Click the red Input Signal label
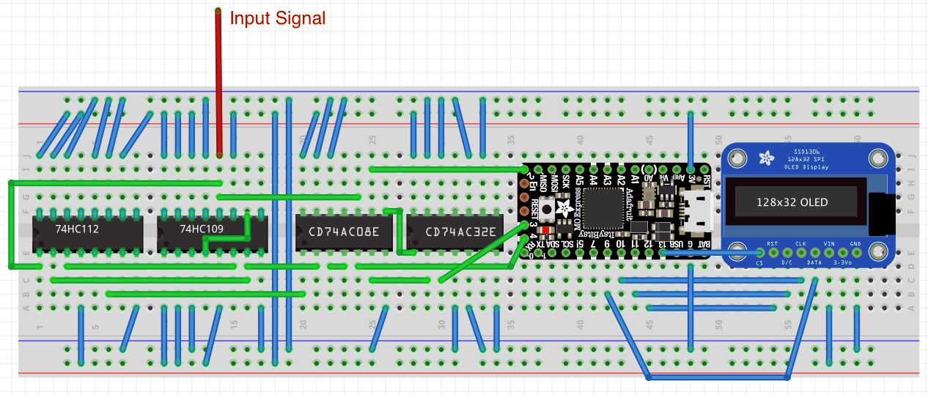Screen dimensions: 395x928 click(277, 18)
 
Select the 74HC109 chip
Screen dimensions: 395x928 click(201, 230)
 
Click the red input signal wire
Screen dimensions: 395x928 click(218, 81)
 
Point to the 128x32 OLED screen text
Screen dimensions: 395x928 click(792, 202)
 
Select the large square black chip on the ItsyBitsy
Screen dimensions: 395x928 click(605, 204)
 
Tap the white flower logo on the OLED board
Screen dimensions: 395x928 click(766, 158)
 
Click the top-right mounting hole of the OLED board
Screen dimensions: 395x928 click(877, 158)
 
